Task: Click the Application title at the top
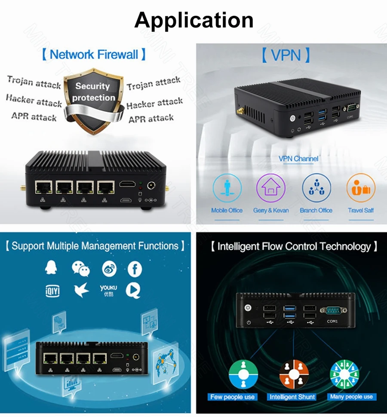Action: [x=193, y=20]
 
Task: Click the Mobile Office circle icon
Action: [x=227, y=188]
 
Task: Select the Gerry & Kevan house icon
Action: [x=270, y=188]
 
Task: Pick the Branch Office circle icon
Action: [x=316, y=188]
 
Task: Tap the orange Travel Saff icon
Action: [x=361, y=188]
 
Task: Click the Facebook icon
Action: [x=135, y=269]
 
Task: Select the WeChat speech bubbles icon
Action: [x=80, y=269]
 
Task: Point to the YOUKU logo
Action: [x=108, y=290]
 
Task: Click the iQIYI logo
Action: [x=52, y=291]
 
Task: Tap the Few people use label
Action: [x=233, y=397]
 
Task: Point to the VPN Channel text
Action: [x=298, y=159]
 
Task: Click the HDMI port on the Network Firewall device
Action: [x=127, y=185]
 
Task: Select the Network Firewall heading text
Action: [x=94, y=55]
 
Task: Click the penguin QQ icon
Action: [x=52, y=268]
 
